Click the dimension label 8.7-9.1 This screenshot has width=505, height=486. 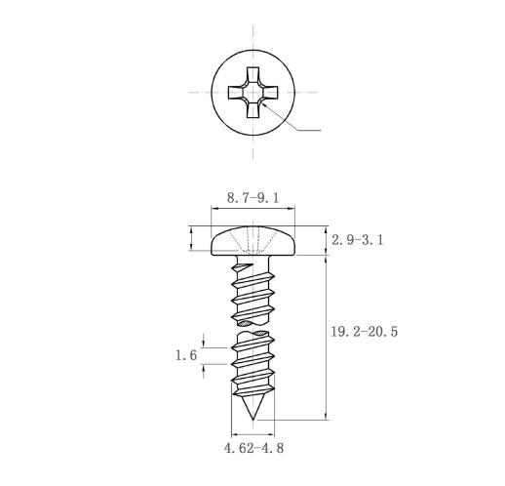pos(252,198)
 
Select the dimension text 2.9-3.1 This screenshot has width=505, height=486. pos(358,240)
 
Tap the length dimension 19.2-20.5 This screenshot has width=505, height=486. pos(365,332)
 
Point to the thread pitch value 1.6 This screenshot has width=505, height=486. pos(186,355)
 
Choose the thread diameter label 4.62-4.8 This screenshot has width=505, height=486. pos(253,448)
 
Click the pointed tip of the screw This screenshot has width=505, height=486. pos(252,420)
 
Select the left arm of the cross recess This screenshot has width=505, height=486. pos(235,93)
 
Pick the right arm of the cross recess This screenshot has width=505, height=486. pos(270,93)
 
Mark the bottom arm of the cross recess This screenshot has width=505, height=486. pos(252,110)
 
